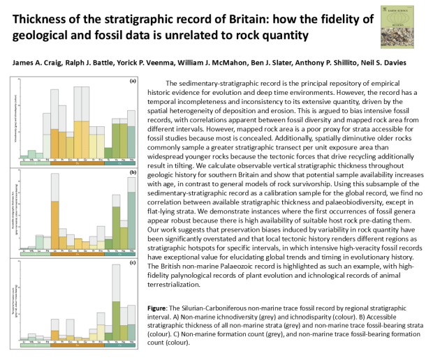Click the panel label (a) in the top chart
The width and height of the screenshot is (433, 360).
[x=132, y=81]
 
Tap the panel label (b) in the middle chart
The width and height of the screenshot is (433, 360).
[x=132, y=172]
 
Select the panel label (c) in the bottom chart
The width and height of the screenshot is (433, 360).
[x=132, y=262]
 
